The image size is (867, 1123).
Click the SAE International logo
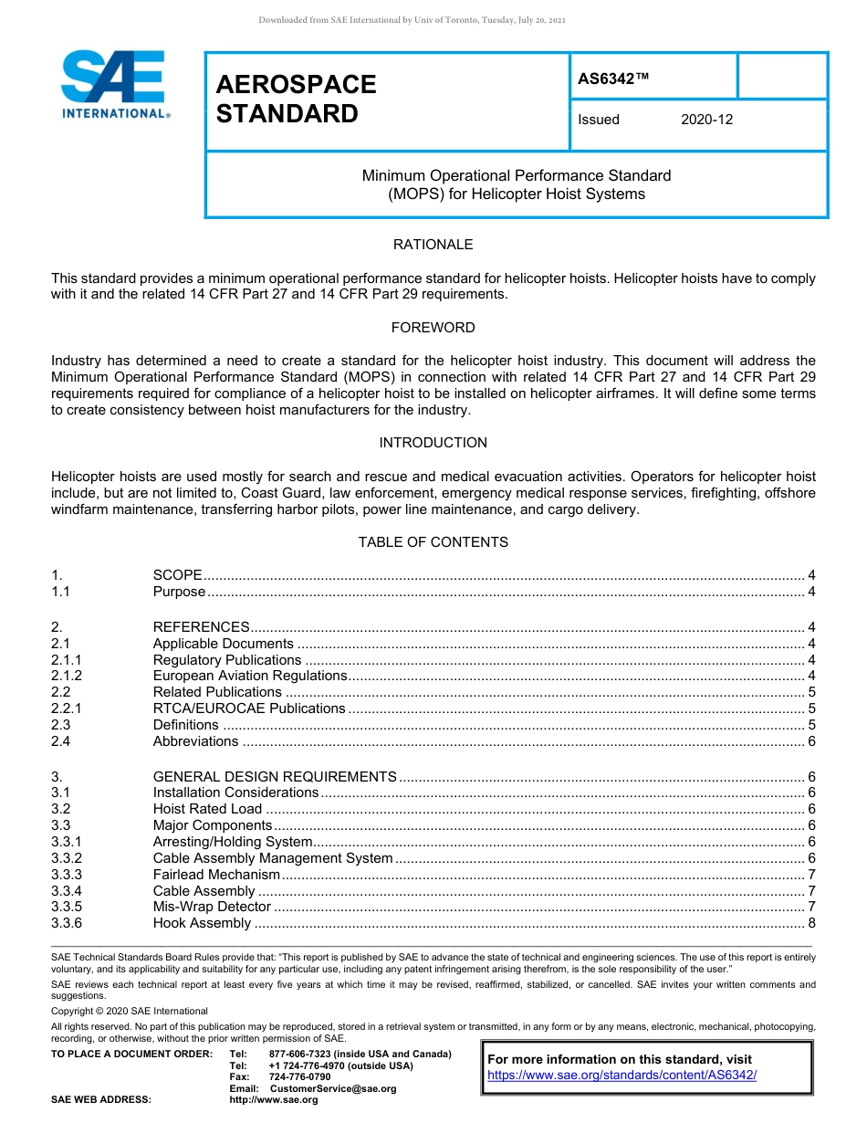coord(114,84)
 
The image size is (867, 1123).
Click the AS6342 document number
coord(613,79)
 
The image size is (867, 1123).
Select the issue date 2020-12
coord(706,120)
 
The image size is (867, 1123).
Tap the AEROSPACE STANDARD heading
coord(296,99)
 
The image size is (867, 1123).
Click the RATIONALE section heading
coord(433,245)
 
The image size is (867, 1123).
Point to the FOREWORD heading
coord(433,328)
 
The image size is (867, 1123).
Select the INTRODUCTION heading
coord(433,443)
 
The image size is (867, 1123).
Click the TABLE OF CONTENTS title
coord(433,542)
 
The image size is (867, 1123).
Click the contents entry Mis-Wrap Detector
coord(212,907)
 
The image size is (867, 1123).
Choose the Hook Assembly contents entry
coord(202,923)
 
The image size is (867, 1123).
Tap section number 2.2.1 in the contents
coord(67,708)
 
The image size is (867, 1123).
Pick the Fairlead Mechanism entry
coord(216,875)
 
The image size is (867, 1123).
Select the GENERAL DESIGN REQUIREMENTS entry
coord(275,777)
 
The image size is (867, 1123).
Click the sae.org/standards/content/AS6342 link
coord(622,1076)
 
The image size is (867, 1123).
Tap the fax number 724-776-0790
coord(300,1077)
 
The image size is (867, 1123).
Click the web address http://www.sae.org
coord(274,1100)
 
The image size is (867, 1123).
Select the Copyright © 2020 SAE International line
coord(130,1011)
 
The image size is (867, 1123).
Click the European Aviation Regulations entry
coord(250,676)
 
